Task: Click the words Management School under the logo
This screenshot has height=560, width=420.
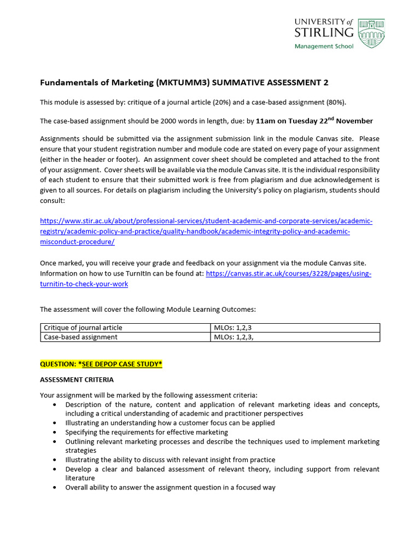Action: tap(324, 46)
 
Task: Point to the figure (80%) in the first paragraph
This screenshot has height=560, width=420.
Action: tap(334, 102)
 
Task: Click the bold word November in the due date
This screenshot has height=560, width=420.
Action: tap(355, 121)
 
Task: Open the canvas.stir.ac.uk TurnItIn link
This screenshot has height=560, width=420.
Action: tap(288, 273)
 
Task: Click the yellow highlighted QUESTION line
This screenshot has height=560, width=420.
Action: tap(101, 364)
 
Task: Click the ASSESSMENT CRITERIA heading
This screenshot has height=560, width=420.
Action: tap(77, 379)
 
